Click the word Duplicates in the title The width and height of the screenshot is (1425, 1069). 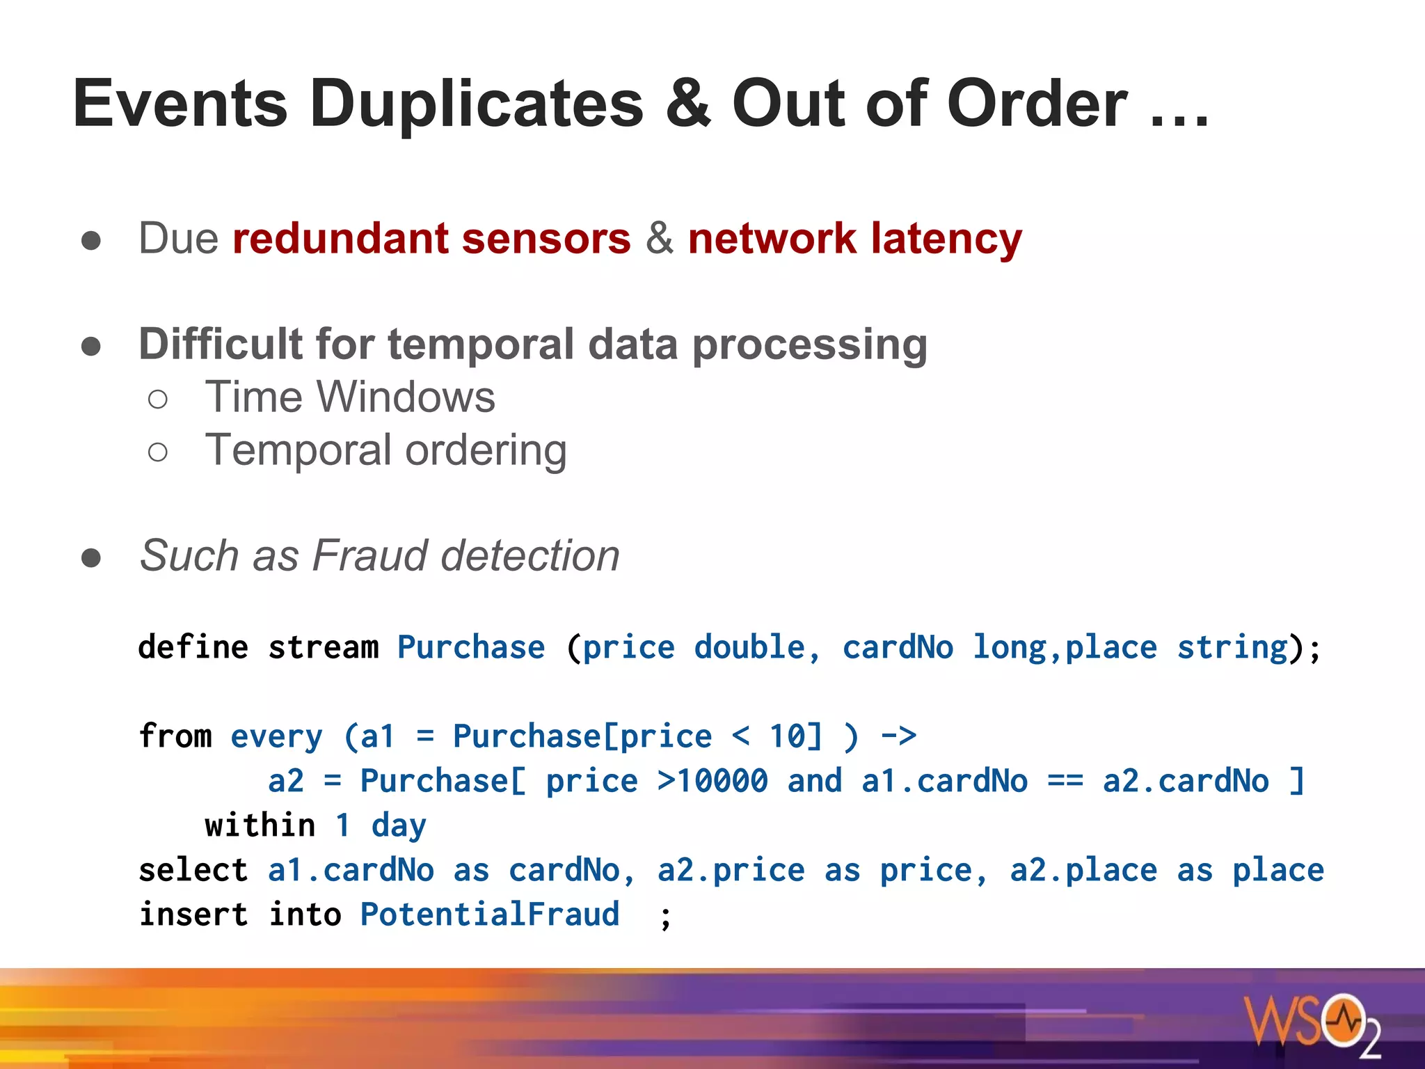[477, 104]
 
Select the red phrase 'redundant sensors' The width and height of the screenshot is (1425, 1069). [431, 239]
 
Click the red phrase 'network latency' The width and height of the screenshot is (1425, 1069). [855, 239]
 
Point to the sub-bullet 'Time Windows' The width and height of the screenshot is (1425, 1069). [350, 397]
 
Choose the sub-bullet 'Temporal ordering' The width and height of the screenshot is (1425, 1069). [385, 450]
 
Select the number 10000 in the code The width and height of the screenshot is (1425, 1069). [722, 781]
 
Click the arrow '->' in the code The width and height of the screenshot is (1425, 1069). [898, 736]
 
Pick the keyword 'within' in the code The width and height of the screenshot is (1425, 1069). [260, 825]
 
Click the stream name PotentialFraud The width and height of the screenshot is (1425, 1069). [489, 914]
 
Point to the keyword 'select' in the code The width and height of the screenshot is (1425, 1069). [193, 870]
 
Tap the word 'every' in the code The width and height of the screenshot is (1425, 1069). [276, 736]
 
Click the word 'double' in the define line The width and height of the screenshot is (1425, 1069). [749, 647]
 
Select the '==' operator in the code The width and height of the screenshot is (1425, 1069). [1065, 781]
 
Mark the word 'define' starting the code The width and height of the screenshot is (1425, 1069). [193, 647]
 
